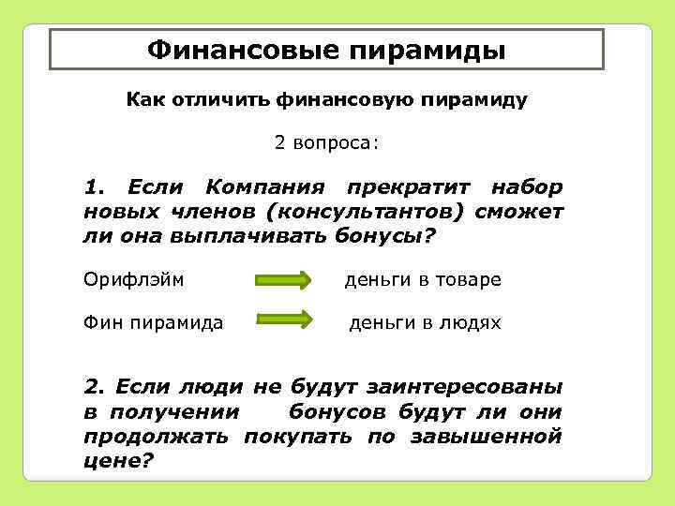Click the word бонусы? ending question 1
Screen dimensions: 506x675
click(385, 235)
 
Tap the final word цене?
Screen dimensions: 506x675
click(118, 460)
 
